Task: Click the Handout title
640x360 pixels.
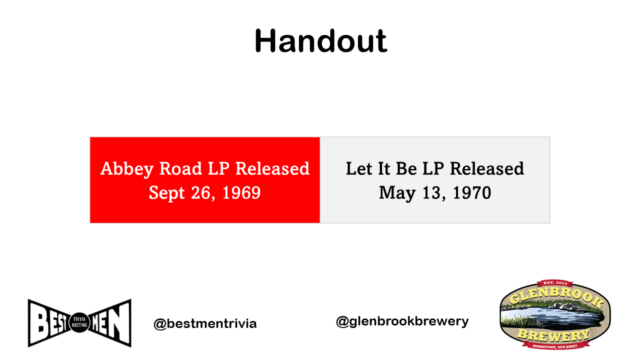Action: coord(320,41)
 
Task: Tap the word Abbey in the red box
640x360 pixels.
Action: coord(127,169)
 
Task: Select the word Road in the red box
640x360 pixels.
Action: coord(180,168)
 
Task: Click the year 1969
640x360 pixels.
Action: coord(241,192)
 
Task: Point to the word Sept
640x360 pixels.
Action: coord(167,193)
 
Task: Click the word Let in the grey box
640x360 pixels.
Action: coord(359,168)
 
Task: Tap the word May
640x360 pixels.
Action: coord(397,193)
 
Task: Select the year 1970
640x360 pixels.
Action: coord(472,192)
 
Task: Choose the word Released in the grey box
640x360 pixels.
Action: coord(487,168)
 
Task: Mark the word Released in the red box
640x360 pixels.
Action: coord(272,168)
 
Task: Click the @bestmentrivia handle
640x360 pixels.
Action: coord(205,323)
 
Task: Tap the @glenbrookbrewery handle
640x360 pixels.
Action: coord(402,321)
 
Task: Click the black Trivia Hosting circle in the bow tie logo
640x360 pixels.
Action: coord(79,322)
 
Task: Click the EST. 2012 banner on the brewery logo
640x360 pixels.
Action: coord(555,283)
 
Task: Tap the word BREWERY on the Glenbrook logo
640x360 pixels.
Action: coord(553,335)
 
